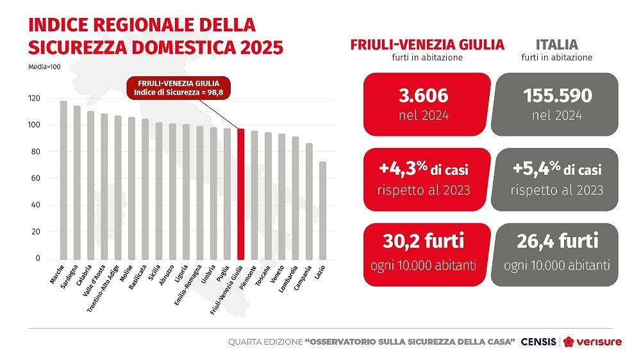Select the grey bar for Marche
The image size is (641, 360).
[63, 180]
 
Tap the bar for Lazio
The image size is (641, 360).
[323, 211]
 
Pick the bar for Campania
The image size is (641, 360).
[310, 201]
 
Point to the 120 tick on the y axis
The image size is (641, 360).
[34, 99]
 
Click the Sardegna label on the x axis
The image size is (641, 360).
[69, 273]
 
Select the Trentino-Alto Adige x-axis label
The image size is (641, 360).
[104, 288]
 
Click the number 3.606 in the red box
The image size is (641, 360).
[422, 96]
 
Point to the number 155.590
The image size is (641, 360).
[557, 96]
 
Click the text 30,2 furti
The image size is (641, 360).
[423, 242]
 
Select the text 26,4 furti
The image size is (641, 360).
[557, 242]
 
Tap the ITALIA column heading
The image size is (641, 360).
[556, 45]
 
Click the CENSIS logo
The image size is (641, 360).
[538, 342]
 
